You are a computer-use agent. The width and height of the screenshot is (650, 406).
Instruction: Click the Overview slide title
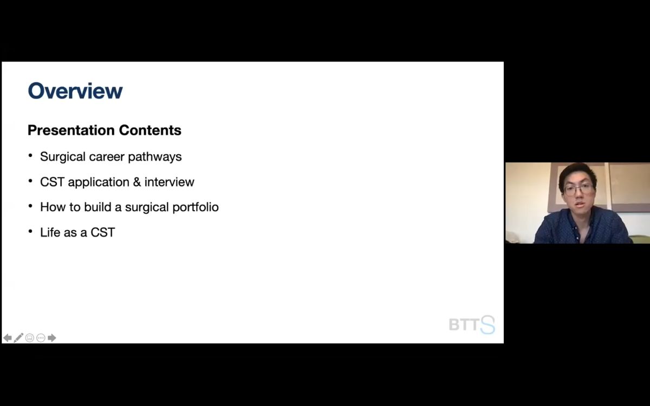pos(75,91)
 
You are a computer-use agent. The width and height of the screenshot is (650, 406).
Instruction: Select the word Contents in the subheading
pos(150,130)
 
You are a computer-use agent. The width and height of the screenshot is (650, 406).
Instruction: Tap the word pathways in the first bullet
pos(155,157)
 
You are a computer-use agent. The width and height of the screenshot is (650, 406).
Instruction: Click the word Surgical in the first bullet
pos(63,157)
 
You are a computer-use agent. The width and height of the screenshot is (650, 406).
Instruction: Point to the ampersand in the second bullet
pos(137,182)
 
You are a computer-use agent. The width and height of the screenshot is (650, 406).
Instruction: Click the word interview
pos(169,182)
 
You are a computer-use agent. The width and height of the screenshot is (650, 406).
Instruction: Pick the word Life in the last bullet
pos(50,232)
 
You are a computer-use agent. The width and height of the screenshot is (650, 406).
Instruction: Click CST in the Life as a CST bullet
pos(103,232)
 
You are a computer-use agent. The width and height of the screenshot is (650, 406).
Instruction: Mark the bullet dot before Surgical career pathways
pos(30,156)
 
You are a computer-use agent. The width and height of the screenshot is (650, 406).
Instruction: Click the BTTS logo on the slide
pos(472,324)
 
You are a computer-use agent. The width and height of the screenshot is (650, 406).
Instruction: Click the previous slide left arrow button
pos(8,338)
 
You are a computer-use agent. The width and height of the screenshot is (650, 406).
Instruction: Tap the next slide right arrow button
pos(51,338)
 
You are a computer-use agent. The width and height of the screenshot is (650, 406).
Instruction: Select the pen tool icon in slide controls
pos(18,338)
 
